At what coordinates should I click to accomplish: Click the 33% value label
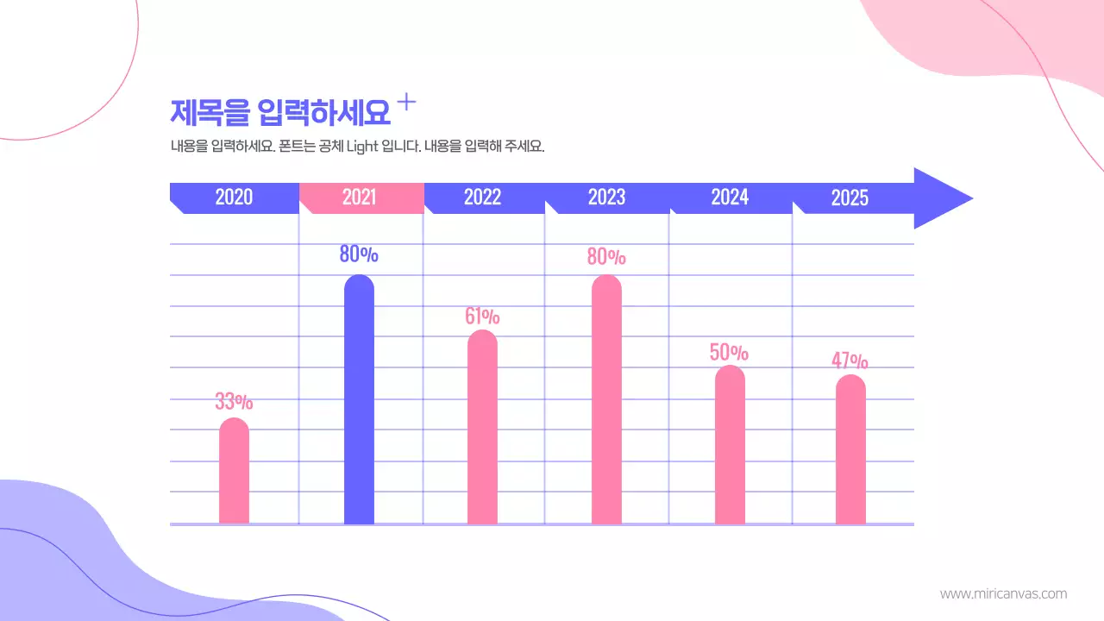pos(234,401)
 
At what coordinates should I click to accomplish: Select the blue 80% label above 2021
pos(359,254)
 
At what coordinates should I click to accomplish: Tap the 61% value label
pos(482,317)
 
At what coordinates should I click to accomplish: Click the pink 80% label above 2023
pos(606,257)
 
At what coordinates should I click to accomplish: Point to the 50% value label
pos(729,353)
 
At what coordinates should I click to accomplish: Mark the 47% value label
pos(850,361)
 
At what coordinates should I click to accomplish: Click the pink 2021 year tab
pos(360,198)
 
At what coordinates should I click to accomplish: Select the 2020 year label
pos(234,198)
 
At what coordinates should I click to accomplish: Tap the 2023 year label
pos(606,198)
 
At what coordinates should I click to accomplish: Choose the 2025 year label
pos(850,198)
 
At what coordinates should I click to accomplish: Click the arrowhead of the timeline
pos(941,198)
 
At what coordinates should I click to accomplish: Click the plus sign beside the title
pos(406,103)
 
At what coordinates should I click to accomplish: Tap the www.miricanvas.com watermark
pos(1003,593)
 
